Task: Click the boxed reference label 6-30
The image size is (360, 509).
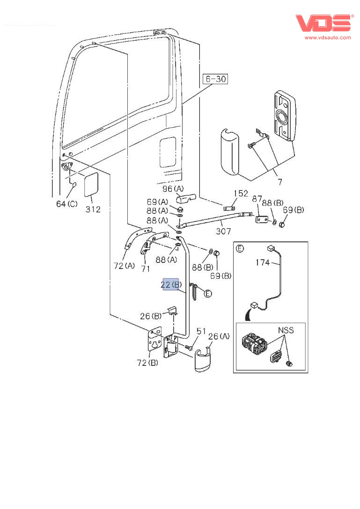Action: click(215, 79)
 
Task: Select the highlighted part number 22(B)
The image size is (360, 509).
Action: click(171, 284)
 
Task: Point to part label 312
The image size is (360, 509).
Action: click(93, 209)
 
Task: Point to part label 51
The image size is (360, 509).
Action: click(201, 331)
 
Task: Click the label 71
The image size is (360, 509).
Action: click(146, 269)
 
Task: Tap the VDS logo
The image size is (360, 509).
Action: click(323, 24)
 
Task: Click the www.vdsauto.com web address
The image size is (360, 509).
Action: click(328, 37)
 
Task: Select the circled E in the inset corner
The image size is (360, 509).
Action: click(240, 248)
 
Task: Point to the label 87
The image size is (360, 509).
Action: click(257, 199)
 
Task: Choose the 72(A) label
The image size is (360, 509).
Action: click(124, 266)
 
